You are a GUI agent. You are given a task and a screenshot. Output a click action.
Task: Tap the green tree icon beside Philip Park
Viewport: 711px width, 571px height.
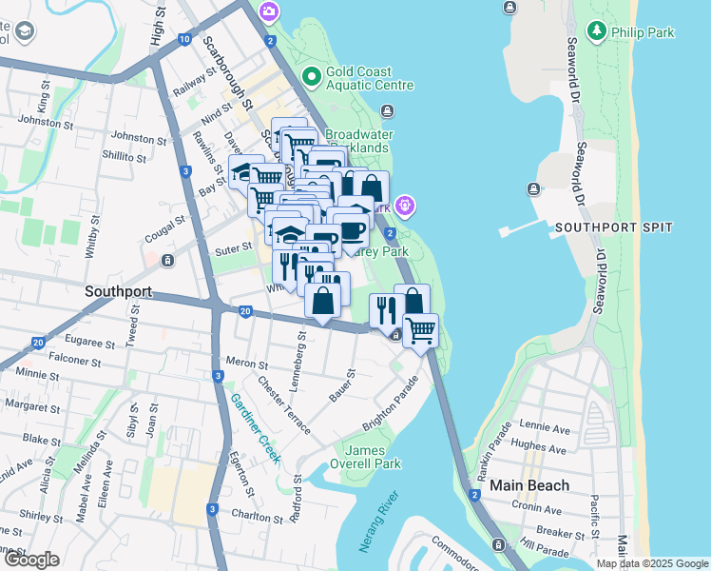tap(596, 31)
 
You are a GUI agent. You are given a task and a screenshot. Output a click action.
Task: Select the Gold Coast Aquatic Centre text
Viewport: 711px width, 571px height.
tap(369, 77)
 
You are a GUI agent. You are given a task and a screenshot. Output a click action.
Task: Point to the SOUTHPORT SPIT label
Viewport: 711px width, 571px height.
tap(613, 227)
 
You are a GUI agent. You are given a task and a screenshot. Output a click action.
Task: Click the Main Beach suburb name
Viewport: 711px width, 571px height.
tap(529, 485)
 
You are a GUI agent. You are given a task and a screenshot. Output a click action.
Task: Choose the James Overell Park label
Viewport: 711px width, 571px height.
tap(373, 457)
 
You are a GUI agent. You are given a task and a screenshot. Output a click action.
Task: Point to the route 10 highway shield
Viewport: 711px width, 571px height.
tap(183, 39)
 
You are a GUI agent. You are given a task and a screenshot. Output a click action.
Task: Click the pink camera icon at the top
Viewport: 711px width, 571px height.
tap(269, 10)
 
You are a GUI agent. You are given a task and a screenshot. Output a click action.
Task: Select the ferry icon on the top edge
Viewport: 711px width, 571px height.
tap(510, 9)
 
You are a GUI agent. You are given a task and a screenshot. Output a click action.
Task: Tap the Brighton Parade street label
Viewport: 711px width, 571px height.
tap(391, 414)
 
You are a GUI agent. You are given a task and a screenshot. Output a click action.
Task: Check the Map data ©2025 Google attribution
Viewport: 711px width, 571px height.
tap(651, 563)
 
